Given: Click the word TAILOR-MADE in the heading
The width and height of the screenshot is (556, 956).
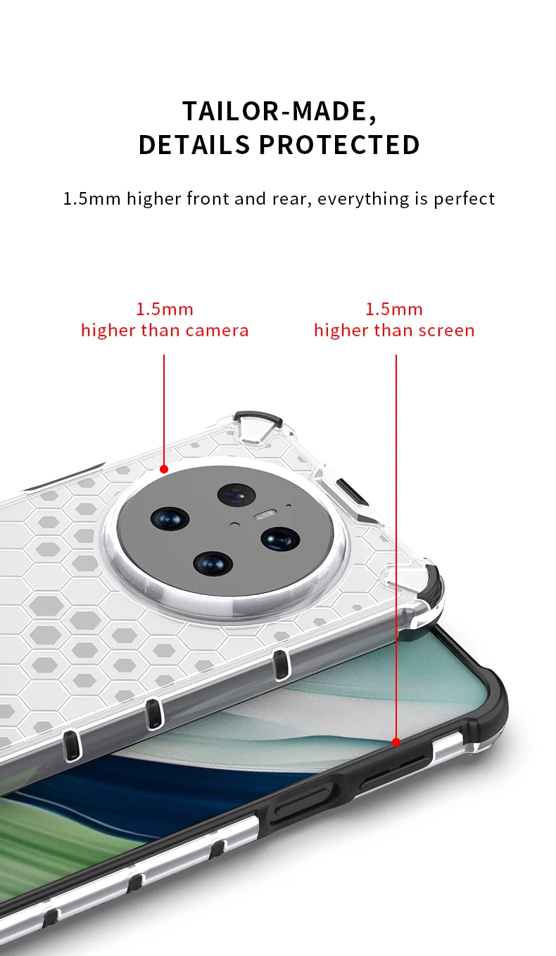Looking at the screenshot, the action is (x=279, y=112).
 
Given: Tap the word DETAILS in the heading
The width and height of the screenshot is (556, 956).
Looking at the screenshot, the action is (x=194, y=145).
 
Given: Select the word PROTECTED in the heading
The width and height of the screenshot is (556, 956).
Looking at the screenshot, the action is (x=339, y=145).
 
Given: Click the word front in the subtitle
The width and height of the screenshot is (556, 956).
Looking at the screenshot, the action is (x=208, y=199).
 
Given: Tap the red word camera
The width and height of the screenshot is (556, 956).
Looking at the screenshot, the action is (x=217, y=331).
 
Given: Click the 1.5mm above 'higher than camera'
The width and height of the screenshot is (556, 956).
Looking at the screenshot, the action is (x=165, y=310).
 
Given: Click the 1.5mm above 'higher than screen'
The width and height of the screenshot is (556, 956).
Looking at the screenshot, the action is (x=394, y=310).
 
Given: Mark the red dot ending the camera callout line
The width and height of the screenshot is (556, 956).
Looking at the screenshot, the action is (x=164, y=469).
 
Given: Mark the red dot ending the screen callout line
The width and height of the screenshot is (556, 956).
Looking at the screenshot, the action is (x=396, y=742).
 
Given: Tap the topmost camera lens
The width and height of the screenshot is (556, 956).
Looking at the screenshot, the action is (x=236, y=495).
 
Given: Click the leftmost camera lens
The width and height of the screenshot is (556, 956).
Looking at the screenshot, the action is (x=170, y=519).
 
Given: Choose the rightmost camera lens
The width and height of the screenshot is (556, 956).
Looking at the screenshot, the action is (x=281, y=538).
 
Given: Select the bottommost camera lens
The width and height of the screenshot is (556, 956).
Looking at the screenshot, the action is (x=213, y=563).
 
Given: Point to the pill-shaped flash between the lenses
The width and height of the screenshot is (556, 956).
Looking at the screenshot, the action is (x=265, y=515).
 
